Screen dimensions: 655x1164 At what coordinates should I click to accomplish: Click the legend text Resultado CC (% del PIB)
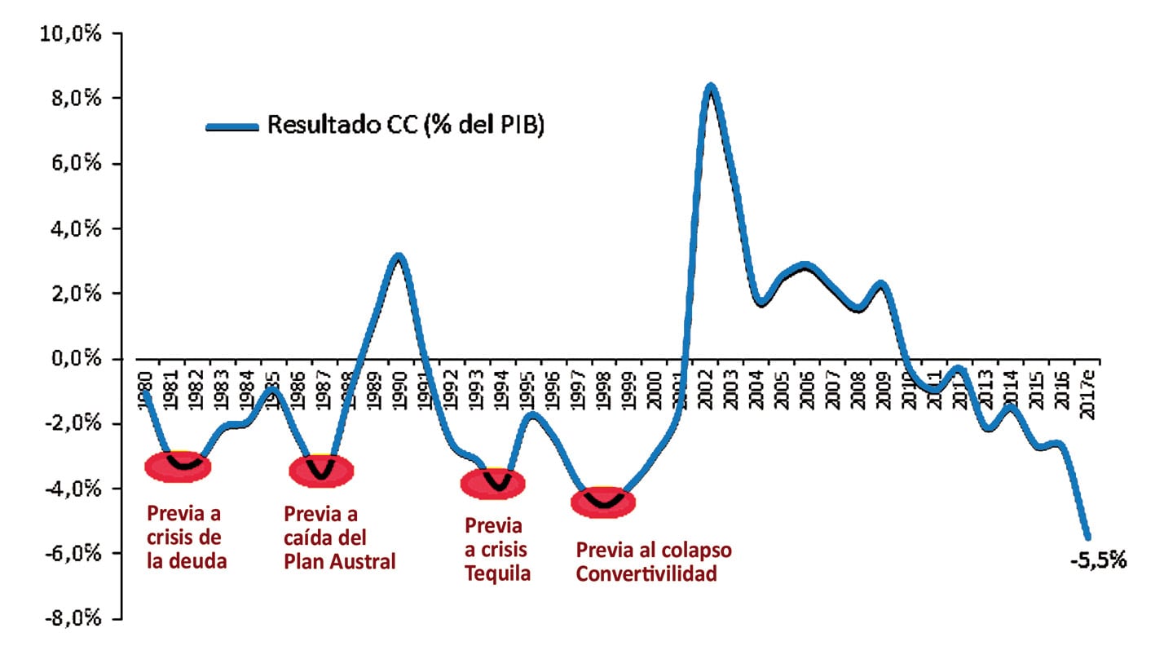click(405, 126)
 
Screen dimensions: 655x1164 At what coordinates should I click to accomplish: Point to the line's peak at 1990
click(398, 258)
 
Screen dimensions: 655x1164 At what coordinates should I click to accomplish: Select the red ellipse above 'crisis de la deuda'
click(178, 466)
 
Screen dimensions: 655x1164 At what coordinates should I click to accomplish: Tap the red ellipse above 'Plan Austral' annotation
click(321, 471)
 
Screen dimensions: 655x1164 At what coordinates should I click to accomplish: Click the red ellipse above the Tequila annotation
click(493, 484)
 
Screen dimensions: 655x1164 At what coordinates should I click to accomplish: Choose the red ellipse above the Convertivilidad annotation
click(602, 502)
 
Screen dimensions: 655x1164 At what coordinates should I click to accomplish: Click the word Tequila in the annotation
click(497, 573)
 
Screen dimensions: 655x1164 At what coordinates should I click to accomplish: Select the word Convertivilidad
click(646, 573)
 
